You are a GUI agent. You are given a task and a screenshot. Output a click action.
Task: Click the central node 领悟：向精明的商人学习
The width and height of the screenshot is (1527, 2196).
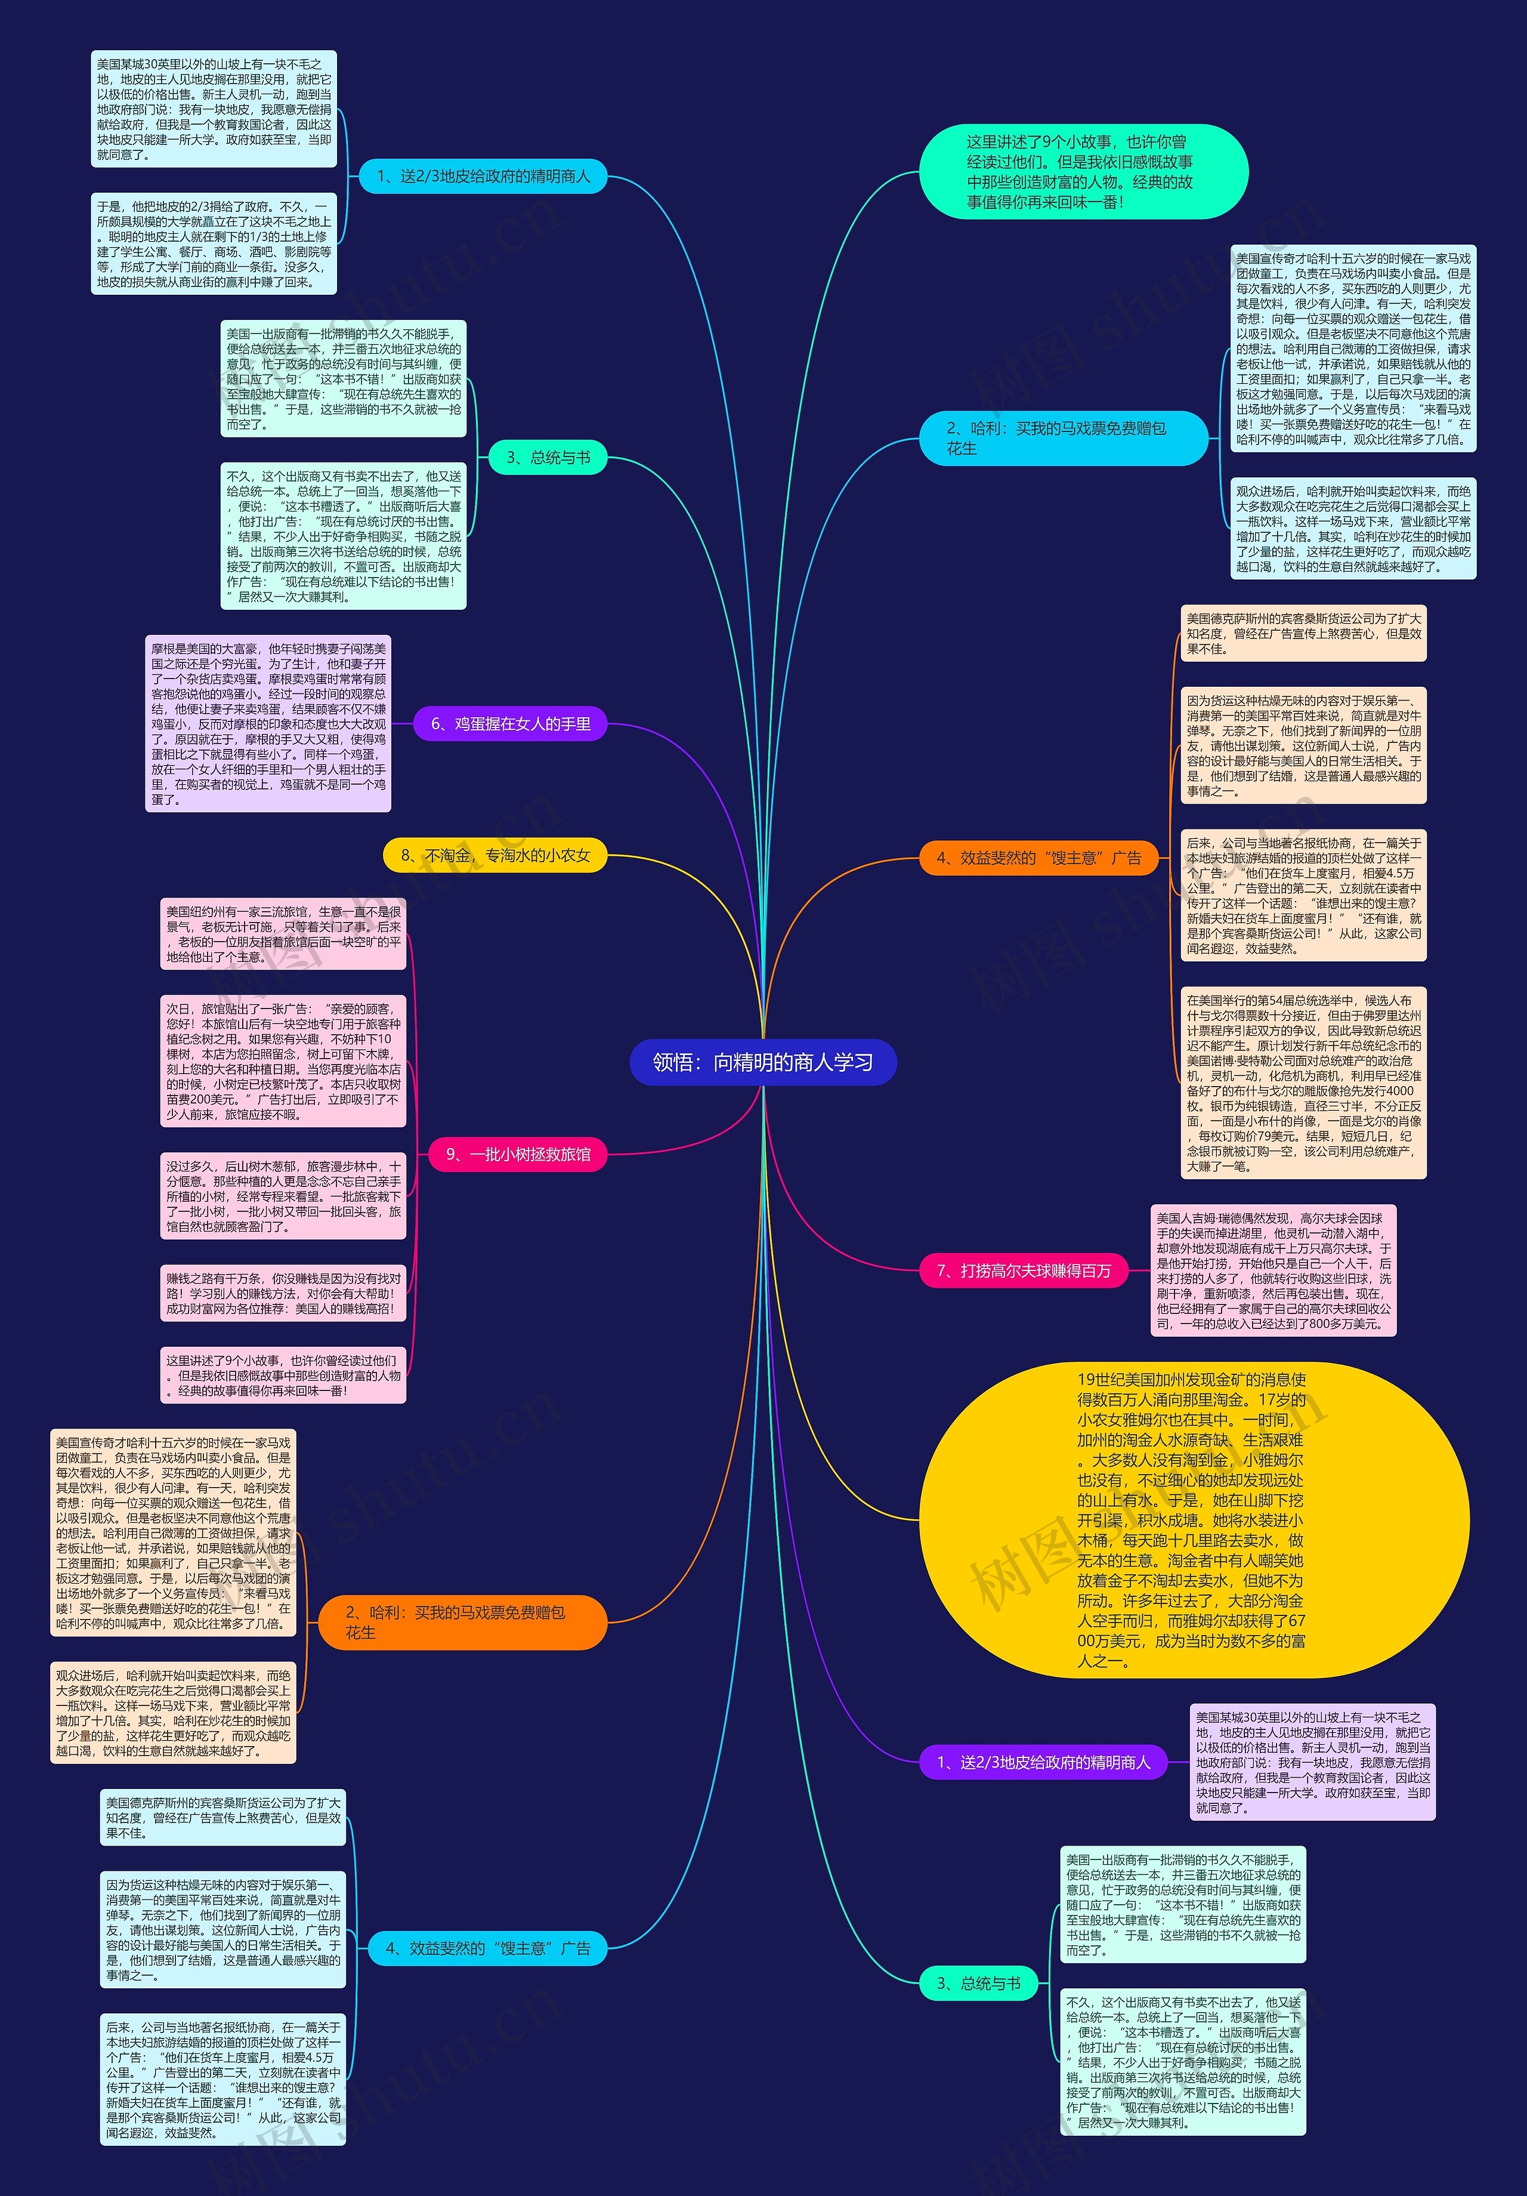point(762,1062)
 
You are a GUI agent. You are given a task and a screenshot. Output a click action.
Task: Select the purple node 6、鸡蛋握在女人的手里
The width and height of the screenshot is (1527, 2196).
point(509,724)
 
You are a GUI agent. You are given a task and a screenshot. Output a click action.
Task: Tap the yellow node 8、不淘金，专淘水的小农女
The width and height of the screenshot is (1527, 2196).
point(494,855)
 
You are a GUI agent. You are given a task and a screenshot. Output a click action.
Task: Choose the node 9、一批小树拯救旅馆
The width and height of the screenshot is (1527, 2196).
point(517,1155)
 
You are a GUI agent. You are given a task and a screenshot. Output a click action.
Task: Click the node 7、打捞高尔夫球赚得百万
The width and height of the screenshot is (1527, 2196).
point(1023,1270)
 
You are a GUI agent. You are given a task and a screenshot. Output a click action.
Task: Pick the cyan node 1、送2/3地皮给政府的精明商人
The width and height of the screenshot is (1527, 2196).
point(483,176)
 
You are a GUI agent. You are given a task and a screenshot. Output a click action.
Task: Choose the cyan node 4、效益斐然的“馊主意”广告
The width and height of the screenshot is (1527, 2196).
point(488,1947)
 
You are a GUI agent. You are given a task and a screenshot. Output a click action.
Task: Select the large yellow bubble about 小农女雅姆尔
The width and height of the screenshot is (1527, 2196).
point(1194,1520)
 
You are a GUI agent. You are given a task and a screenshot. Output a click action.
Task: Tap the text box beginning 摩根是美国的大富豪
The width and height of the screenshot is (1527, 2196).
point(268,724)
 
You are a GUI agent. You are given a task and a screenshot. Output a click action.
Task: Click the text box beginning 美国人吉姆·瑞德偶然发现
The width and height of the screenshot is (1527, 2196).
point(1273,1270)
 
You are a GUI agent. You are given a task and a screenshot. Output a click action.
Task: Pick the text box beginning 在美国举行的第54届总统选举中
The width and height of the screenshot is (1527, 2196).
point(1303,1082)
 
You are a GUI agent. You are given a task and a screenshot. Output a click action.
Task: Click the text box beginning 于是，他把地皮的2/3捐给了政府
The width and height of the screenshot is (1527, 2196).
point(214,244)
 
